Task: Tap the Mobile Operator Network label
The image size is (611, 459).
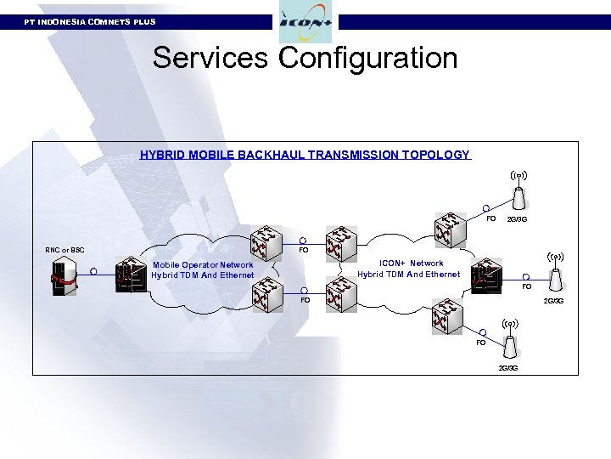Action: point(203,265)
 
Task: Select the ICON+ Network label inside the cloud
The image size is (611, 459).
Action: point(411,263)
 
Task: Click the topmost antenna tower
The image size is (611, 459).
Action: point(519,194)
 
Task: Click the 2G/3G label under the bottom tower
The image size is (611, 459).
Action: point(508,367)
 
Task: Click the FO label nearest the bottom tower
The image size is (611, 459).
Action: point(480,343)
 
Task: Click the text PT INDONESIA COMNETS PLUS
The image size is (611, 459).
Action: point(90,21)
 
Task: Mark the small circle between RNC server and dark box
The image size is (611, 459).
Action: point(93,272)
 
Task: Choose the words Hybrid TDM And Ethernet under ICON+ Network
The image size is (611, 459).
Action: point(408,275)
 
